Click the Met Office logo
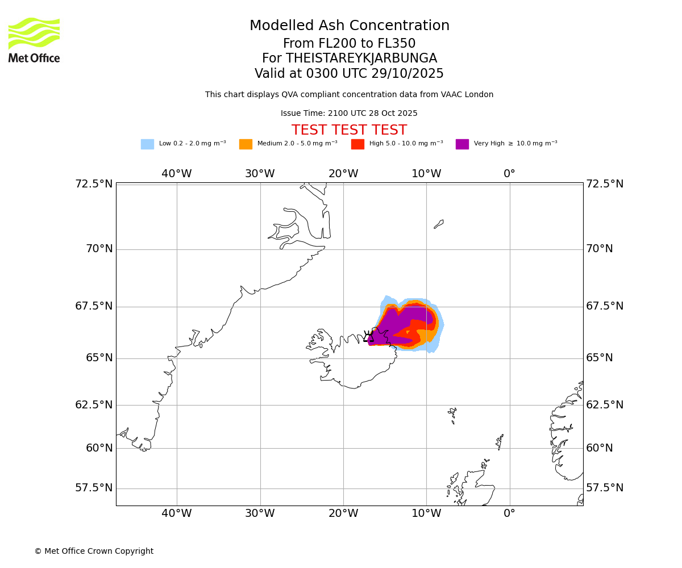click(x=34, y=40)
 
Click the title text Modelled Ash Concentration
click(x=349, y=26)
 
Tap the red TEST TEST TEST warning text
click(x=349, y=130)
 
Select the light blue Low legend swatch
click(x=147, y=144)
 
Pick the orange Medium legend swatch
click(x=246, y=144)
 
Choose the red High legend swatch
click(x=357, y=144)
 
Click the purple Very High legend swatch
click(x=462, y=144)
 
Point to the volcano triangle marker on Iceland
click(x=369, y=337)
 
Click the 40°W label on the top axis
click(x=177, y=174)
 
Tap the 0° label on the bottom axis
click(x=510, y=513)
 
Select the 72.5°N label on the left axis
click(x=94, y=184)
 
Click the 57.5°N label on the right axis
click(x=605, y=488)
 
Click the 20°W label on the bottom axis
click(x=343, y=513)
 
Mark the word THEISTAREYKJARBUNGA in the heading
click(x=361, y=59)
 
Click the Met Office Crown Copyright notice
click(x=94, y=551)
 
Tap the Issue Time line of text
click(x=349, y=114)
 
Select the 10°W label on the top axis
click(x=426, y=174)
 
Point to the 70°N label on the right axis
click(x=600, y=249)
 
